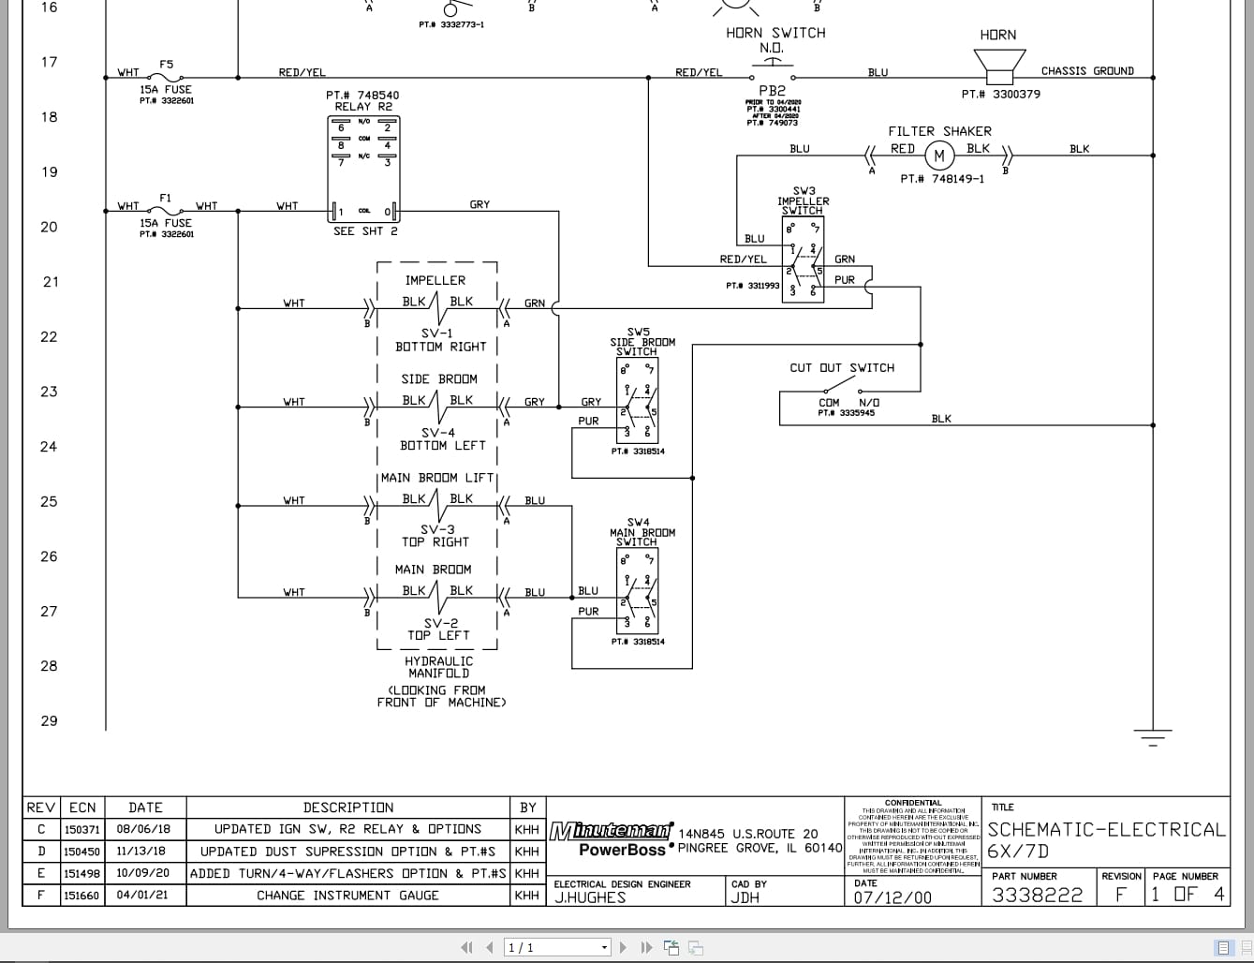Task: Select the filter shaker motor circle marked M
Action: pos(939,156)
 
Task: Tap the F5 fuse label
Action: pos(166,65)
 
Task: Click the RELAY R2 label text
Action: pos(363,107)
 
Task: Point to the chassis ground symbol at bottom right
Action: pos(1153,736)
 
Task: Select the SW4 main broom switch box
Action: pos(637,591)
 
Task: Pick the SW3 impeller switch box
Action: pos(803,258)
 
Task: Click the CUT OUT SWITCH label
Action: pos(842,368)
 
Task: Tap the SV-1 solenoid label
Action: pos(436,333)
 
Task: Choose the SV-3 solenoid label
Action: pos(436,529)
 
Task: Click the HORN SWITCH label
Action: pos(775,33)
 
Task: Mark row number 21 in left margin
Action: pos(51,282)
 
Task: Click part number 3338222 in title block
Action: pos(1037,895)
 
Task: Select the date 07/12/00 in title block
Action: pos(893,897)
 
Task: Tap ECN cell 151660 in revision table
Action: pos(81,896)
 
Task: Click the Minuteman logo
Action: pos(611,831)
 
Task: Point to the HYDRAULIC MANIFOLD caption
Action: pos(438,667)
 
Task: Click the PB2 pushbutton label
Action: pos(772,91)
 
